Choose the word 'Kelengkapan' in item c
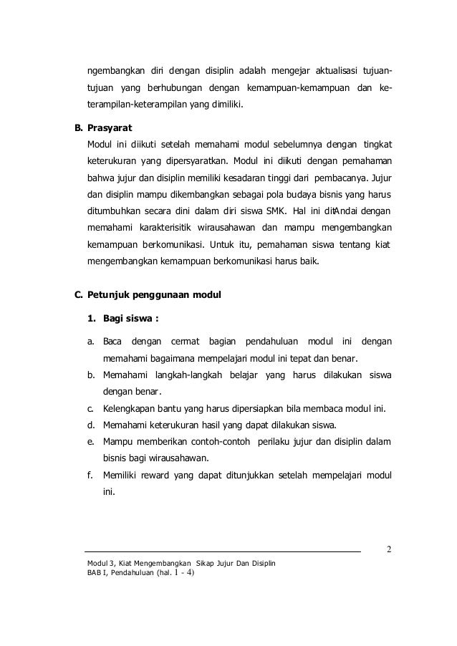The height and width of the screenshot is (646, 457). pos(133,409)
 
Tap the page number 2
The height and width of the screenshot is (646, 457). pos(388,550)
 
